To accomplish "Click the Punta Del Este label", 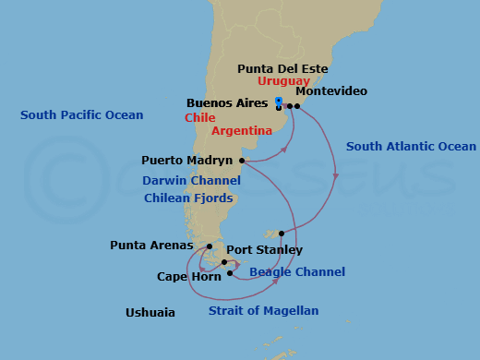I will pyautogui.click(x=282, y=68).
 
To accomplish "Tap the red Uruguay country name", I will pyautogui.click(x=283, y=81).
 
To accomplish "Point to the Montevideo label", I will pyautogui.click(x=331, y=91).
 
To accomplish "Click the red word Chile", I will pyautogui.click(x=200, y=118).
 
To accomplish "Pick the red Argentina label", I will pyautogui.click(x=242, y=131).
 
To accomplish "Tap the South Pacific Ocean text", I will pyautogui.click(x=82, y=115).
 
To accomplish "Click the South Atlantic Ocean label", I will pyautogui.click(x=411, y=146).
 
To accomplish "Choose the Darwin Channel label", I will pyautogui.click(x=191, y=181).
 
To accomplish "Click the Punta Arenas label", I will pyautogui.click(x=150, y=246).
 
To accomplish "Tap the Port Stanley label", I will pyautogui.click(x=264, y=249).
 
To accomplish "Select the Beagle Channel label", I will pyautogui.click(x=298, y=272).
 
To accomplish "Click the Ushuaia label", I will pyautogui.click(x=150, y=313).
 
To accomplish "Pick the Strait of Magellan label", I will pyautogui.click(x=263, y=311).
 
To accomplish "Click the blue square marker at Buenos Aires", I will pyautogui.click(x=279, y=101).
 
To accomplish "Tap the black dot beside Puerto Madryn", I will pyautogui.click(x=242, y=161).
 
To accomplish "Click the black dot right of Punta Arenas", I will pyautogui.click(x=210, y=246).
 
